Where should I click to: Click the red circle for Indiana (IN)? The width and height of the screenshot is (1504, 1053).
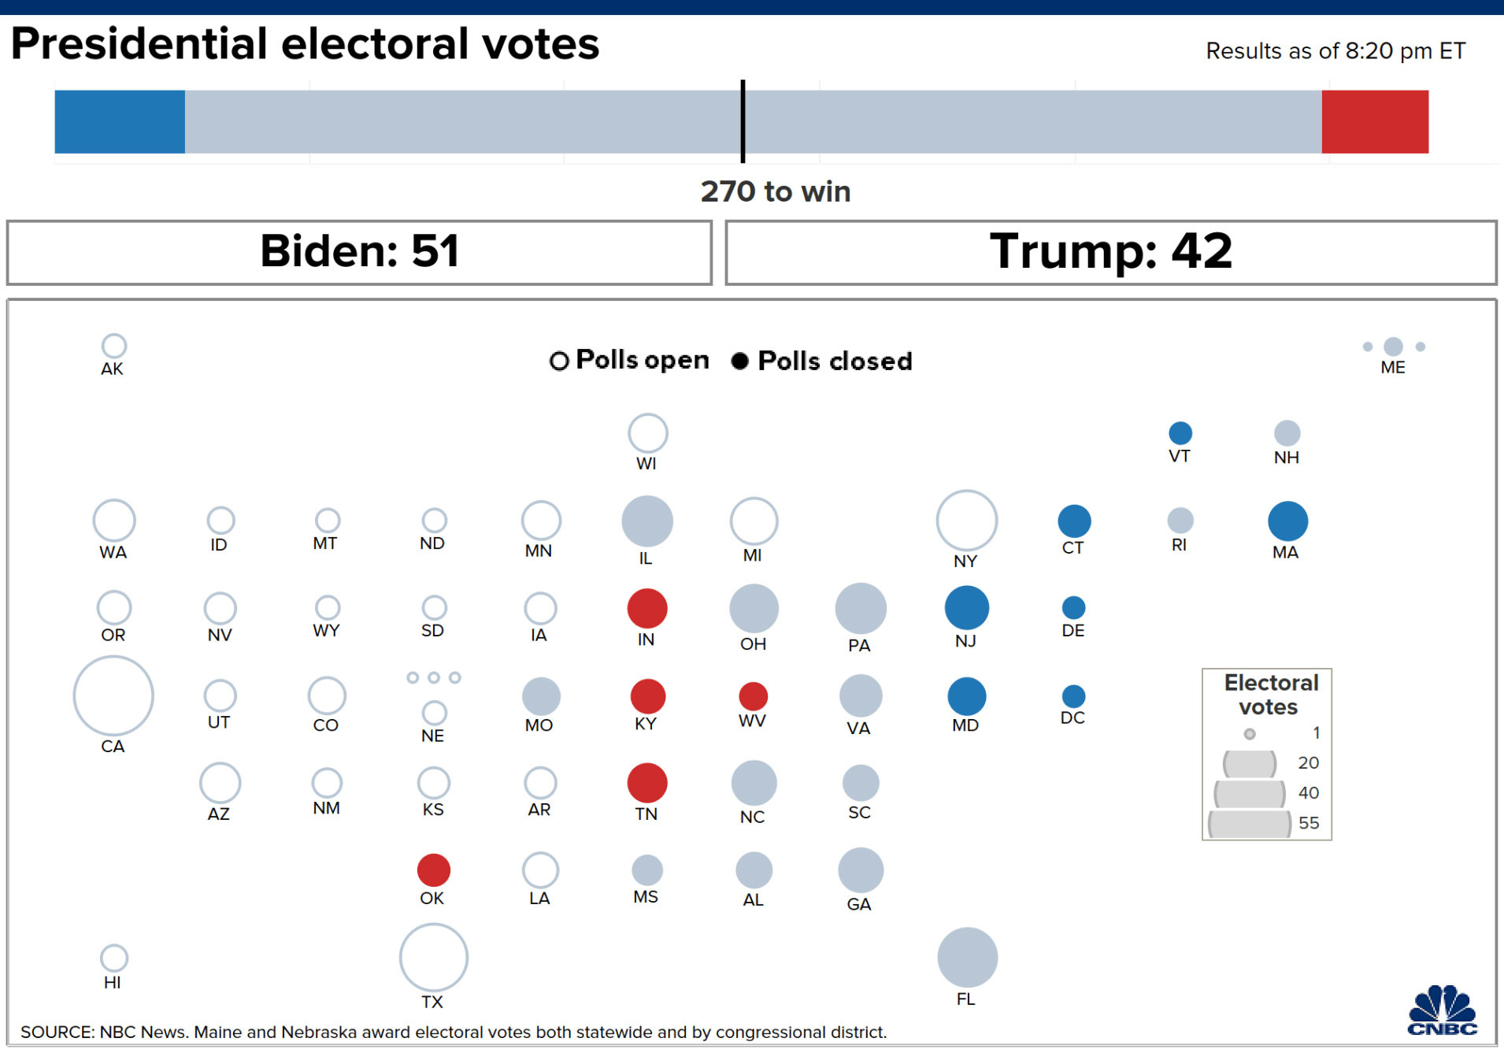pyautogui.click(x=647, y=608)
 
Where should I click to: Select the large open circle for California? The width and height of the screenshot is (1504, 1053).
pyautogui.click(x=113, y=695)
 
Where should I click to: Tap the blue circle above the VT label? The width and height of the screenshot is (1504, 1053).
pyautogui.click(x=1180, y=432)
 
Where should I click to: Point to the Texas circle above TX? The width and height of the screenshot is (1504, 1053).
pyautogui.click(x=433, y=957)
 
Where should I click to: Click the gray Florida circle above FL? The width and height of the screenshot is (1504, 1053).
pyautogui.click(x=967, y=957)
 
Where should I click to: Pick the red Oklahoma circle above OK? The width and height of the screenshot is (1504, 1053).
pyautogui.click(x=433, y=869)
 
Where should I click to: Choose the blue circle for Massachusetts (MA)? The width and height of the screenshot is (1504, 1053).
pyautogui.click(x=1287, y=521)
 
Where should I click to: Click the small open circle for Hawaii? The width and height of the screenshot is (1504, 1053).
pyautogui.click(x=114, y=957)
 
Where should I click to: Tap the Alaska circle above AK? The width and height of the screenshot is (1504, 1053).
pyautogui.click(x=114, y=345)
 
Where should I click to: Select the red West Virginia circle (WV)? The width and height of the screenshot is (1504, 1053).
pyautogui.click(x=753, y=695)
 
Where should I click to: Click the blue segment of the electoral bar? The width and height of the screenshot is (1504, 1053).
pyautogui.click(x=120, y=121)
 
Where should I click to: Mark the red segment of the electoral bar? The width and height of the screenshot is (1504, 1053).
pyautogui.click(x=1375, y=121)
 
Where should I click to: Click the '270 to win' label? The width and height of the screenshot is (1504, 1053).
pyautogui.click(x=776, y=191)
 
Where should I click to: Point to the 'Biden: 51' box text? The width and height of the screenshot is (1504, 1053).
pyautogui.click(x=359, y=251)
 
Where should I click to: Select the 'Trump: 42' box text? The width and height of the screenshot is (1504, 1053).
pyautogui.click(x=1110, y=251)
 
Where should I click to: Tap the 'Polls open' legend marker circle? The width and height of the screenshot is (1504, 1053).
pyautogui.click(x=559, y=361)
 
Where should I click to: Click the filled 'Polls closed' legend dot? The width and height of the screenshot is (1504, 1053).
pyautogui.click(x=739, y=361)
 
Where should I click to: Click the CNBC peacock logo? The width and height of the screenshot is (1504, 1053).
pyautogui.click(x=1443, y=1010)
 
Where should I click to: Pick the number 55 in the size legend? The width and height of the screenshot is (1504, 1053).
pyautogui.click(x=1308, y=822)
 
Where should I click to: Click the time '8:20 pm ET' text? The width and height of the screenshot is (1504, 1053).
pyautogui.click(x=1405, y=51)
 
